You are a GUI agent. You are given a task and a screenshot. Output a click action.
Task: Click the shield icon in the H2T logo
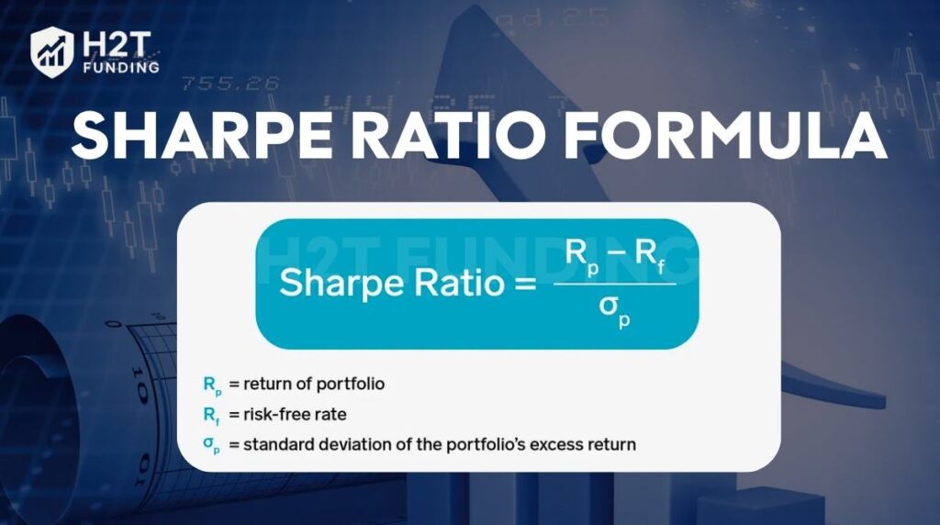tap(52, 52)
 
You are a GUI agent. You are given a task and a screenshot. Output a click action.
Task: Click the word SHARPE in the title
tap(202, 136)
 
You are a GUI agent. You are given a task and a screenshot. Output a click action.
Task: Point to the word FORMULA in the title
tap(725, 136)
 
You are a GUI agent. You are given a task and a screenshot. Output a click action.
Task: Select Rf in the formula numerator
tap(651, 255)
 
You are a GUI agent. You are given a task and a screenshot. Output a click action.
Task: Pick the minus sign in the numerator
tap(617, 253)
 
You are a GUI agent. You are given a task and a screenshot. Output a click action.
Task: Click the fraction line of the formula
tap(614, 285)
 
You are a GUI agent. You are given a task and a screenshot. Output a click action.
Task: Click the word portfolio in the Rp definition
tap(351, 385)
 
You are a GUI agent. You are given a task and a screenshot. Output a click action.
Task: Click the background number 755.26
tap(230, 84)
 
